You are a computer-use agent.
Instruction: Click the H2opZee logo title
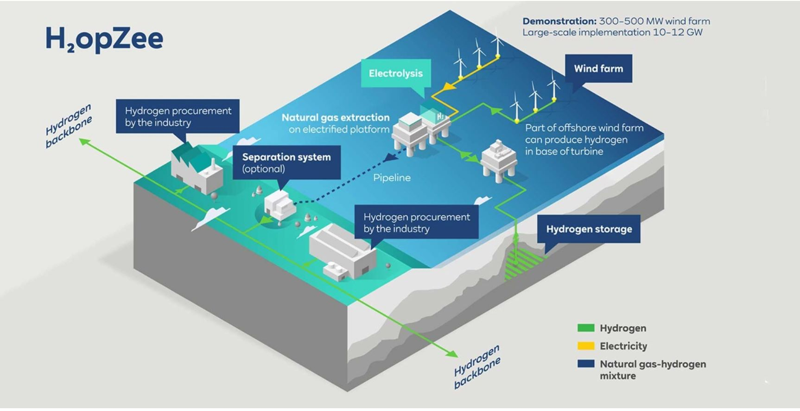pos(104,39)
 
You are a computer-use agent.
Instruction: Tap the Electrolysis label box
pos(396,73)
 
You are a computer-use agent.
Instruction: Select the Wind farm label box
pos(598,69)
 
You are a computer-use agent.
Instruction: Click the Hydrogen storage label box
pos(589,229)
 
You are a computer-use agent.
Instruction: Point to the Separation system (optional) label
pos(286,162)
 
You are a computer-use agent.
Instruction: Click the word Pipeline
pos(392,178)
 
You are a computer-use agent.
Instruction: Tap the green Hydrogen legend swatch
pos(585,328)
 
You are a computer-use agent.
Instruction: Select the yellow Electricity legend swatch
pos(585,346)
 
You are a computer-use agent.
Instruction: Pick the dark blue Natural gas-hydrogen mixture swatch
pos(585,364)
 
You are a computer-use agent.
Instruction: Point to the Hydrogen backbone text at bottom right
pos(477,366)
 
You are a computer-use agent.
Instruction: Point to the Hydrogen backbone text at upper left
pos(69,126)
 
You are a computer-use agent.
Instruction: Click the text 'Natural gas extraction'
pos(336,117)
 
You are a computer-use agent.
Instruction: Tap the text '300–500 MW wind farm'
pos(654,21)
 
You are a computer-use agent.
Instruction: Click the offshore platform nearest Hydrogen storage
pos(498,160)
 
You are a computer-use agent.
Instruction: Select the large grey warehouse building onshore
pos(343,251)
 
